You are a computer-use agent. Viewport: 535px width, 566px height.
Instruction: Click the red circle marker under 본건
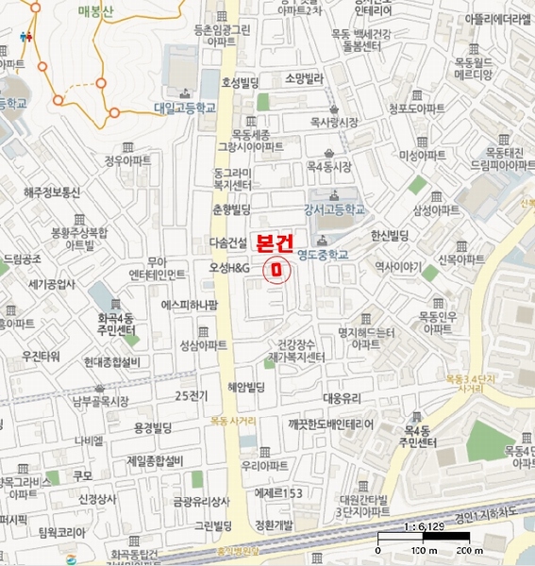pyautogui.click(x=276, y=269)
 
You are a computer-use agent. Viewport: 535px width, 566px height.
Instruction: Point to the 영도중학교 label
pyautogui.click(x=322, y=254)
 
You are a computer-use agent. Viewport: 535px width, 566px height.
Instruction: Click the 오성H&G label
pyautogui.click(x=229, y=269)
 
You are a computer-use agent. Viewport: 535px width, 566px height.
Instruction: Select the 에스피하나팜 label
pyautogui.click(x=190, y=305)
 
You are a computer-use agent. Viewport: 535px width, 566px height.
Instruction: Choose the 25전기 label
pyautogui.click(x=191, y=394)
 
